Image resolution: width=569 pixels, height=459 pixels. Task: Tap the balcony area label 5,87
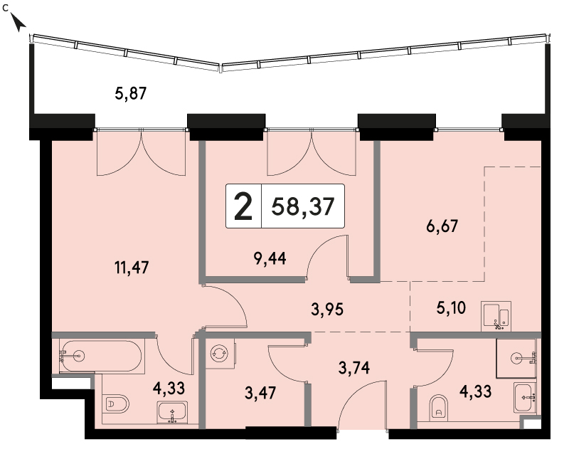[x=131, y=93]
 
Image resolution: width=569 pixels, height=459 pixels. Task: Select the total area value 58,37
[x=303, y=206]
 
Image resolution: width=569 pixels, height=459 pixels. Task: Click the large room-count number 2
[x=243, y=206]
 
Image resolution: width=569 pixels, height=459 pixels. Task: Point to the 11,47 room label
[x=132, y=268]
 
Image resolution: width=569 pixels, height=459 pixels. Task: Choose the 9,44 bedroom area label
[x=270, y=258]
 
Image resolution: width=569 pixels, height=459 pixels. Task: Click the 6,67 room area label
[x=442, y=226]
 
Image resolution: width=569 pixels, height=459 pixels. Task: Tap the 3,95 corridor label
[x=327, y=310]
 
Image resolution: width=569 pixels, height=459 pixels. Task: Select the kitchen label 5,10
[x=451, y=308]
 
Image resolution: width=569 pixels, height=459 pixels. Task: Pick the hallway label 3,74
[x=354, y=368]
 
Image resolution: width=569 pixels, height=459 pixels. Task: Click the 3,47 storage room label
[x=260, y=393]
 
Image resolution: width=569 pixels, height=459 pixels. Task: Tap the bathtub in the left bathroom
[x=100, y=356]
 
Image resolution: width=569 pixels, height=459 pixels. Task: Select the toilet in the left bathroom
[x=117, y=403]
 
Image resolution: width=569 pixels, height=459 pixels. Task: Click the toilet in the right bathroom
[x=438, y=408]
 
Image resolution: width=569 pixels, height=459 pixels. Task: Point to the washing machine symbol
[x=220, y=354]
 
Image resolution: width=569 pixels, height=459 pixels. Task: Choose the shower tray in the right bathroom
[x=516, y=359]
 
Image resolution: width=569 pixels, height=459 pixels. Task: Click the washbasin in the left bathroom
[x=172, y=413]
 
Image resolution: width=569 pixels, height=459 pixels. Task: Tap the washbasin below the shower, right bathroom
[x=525, y=397]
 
